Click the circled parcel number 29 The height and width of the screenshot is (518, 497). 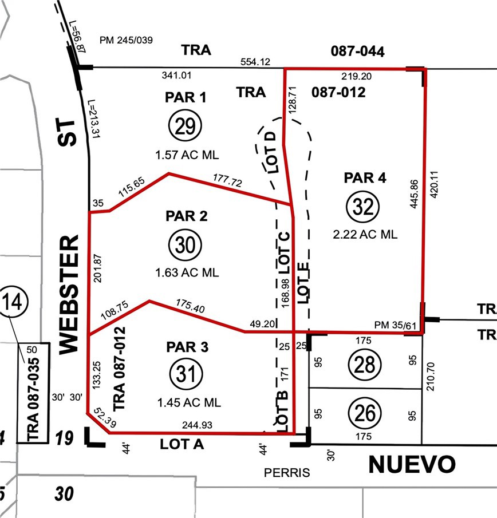click(x=185, y=126)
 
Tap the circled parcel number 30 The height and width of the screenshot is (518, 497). click(x=184, y=245)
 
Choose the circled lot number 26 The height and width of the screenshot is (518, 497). click(x=365, y=412)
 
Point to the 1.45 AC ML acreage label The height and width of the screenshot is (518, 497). click(x=188, y=403)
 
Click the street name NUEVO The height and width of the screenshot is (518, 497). click(x=412, y=465)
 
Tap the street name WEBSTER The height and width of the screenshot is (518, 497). click(x=68, y=294)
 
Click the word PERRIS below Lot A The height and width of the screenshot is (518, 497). click(x=286, y=473)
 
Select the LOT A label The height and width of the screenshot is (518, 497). click(x=183, y=444)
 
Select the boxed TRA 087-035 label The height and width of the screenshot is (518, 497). click(x=34, y=393)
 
